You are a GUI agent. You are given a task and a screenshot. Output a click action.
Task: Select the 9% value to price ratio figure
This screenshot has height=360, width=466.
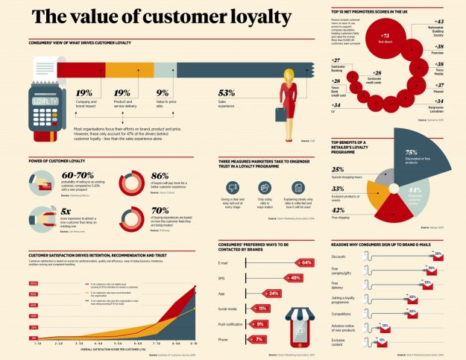[x=162, y=92]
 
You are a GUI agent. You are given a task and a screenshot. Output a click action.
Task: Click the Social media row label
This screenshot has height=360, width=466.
[x=227, y=309]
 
